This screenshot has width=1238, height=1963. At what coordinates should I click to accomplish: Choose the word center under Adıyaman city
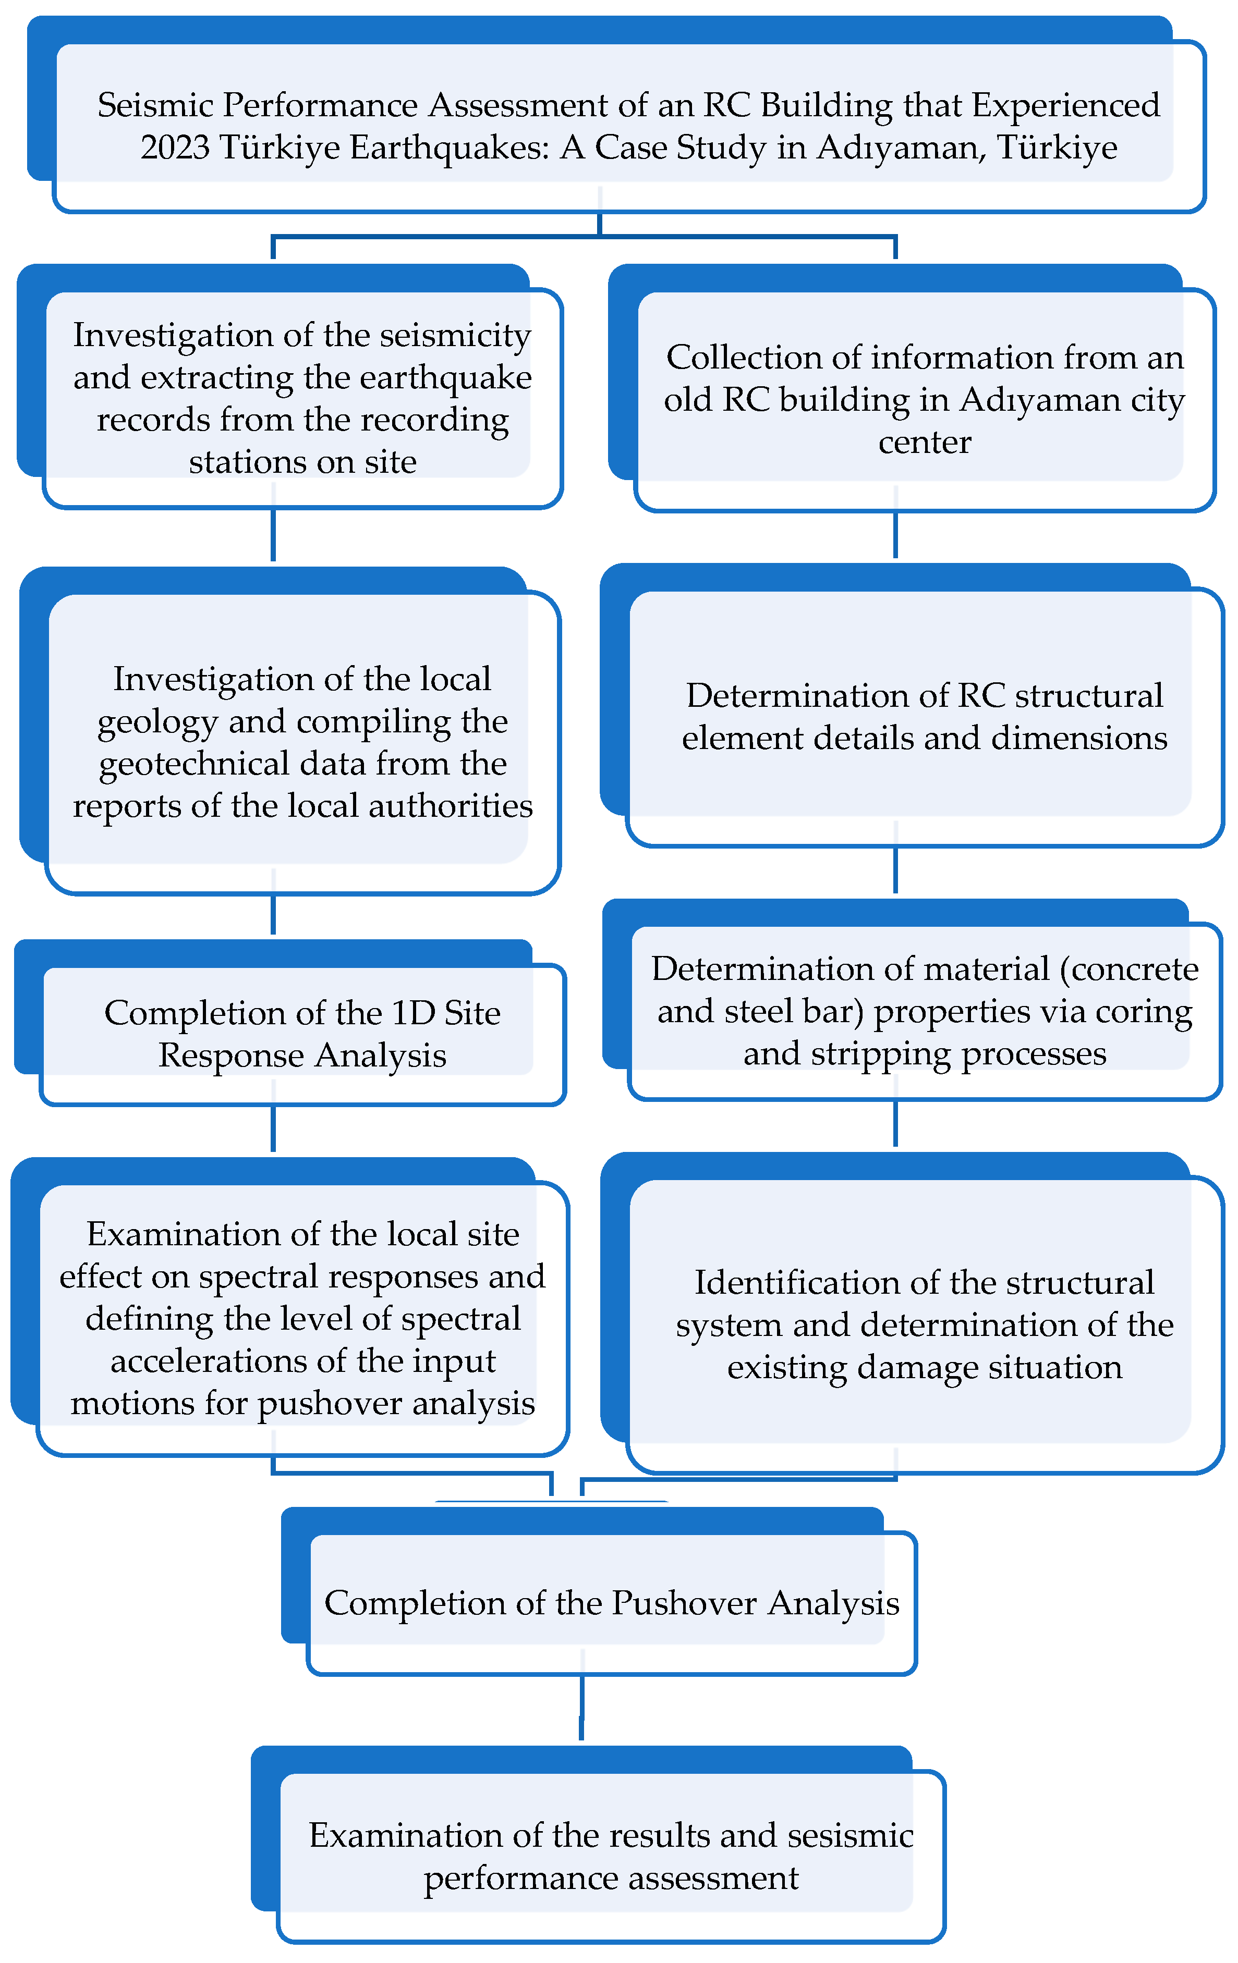[924, 442]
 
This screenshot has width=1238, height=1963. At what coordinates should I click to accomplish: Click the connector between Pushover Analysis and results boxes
[581, 1707]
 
